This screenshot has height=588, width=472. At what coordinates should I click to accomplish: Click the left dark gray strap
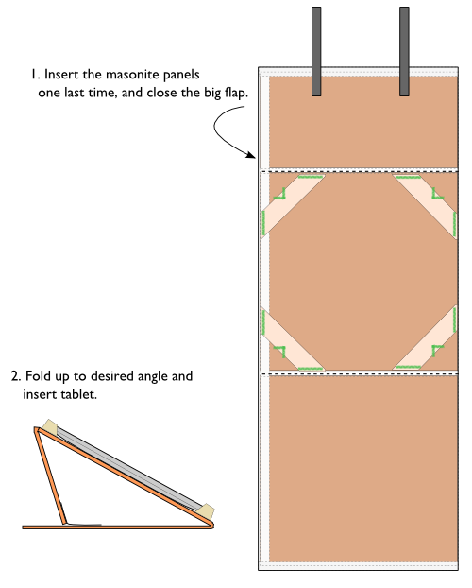(x=316, y=51)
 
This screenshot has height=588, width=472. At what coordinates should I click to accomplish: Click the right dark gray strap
(x=404, y=51)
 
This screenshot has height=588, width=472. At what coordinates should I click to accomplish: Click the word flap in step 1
(x=236, y=93)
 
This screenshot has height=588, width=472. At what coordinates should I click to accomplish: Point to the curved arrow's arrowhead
(x=251, y=154)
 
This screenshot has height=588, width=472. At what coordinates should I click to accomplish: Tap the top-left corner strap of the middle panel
(x=293, y=205)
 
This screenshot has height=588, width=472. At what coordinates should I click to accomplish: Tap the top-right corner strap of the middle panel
(x=425, y=205)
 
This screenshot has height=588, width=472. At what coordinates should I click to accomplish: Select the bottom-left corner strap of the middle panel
(x=293, y=338)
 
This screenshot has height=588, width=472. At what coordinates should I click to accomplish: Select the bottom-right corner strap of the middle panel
(x=425, y=337)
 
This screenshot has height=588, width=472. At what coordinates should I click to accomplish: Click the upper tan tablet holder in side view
(x=49, y=427)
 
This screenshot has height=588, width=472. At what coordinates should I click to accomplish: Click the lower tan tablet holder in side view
(x=206, y=511)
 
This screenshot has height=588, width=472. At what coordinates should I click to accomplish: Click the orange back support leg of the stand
(x=51, y=476)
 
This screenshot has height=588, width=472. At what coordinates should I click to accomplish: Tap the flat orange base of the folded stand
(x=118, y=527)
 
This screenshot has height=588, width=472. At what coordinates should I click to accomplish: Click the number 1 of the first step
(x=35, y=75)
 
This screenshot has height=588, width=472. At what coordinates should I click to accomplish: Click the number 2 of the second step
(x=16, y=376)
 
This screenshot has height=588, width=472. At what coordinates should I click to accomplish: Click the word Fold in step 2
(x=39, y=375)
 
